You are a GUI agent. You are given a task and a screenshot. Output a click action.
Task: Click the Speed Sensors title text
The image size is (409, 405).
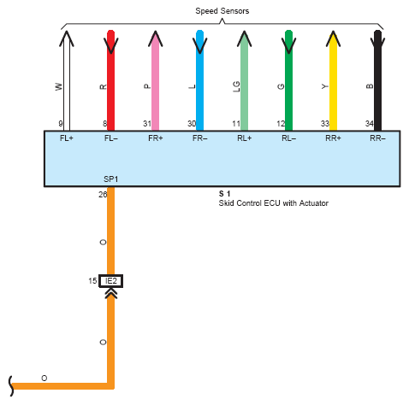(222, 11)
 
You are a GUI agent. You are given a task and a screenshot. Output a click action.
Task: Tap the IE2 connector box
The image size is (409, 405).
(111, 281)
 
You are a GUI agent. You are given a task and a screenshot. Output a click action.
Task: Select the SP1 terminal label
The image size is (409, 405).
(110, 179)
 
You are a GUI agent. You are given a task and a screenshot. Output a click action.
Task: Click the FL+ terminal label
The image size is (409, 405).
(67, 138)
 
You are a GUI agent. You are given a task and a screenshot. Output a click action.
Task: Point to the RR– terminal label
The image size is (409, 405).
(377, 138)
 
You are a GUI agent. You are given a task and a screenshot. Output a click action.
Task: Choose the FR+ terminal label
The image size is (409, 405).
(156, 138)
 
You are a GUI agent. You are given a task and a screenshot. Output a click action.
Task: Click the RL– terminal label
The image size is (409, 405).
(288, 138)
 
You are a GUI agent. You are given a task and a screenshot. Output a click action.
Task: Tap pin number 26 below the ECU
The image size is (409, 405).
(103, 195)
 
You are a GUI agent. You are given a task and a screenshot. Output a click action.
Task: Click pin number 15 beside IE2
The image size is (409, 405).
(92, 281)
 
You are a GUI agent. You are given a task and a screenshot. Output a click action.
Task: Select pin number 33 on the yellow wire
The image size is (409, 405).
(325, 124)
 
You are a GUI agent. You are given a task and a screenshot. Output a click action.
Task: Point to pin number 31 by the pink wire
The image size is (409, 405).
(147, 124)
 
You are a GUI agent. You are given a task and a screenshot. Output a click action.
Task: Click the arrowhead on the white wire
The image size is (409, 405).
(67, 38)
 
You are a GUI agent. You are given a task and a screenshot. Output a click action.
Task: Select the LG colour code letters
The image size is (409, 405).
(236, 86)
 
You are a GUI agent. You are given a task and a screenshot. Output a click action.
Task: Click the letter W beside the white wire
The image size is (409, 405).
(58, 86)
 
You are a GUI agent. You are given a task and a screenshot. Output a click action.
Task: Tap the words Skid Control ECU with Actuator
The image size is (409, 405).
(273, 203)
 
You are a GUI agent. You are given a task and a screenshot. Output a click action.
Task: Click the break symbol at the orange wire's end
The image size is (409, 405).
(11, 386)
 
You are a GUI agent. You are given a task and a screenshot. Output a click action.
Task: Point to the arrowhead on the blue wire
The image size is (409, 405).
(200, 45)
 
